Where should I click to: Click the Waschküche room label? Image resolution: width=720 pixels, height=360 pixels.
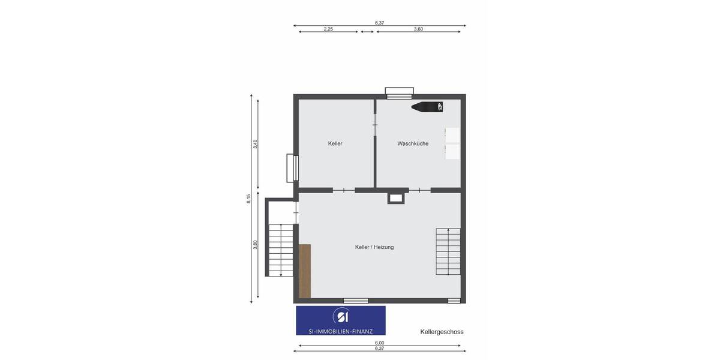click(x=413, y=143)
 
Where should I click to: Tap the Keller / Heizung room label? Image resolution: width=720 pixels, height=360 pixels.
click(x=374, y=247)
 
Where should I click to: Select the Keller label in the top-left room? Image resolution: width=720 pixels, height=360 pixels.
click(x=335, y=143)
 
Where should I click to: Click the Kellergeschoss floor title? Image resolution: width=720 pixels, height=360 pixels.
click(x=442, y=332)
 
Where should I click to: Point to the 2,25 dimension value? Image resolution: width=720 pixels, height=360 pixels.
click(x=328, y=29)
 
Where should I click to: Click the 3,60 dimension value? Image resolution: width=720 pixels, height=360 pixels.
click(x=418, y=29)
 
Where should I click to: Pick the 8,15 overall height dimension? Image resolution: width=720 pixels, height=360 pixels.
click(x=249, y=199)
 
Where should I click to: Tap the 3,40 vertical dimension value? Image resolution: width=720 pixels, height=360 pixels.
click(x=255, y=144)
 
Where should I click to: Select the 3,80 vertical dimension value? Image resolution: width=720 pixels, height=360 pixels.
click(x=255, y=245)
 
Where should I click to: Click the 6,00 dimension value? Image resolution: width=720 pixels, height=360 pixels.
click(x=379, y=344)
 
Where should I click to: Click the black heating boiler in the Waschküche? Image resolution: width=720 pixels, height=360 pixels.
click(x=428, y=107)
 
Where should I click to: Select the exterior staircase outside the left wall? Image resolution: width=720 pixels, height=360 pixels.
click(x=280, y=250)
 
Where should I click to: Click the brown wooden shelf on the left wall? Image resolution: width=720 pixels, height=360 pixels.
click(x=305, y=271)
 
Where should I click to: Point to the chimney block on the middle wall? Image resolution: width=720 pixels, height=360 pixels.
click(x=395, y=197)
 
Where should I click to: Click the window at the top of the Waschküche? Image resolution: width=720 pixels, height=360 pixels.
click(x=399, y=93)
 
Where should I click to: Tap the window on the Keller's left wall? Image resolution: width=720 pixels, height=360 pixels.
click(x=292, y=168)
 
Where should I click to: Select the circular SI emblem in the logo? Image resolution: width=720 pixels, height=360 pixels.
click(x=341, y=316)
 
